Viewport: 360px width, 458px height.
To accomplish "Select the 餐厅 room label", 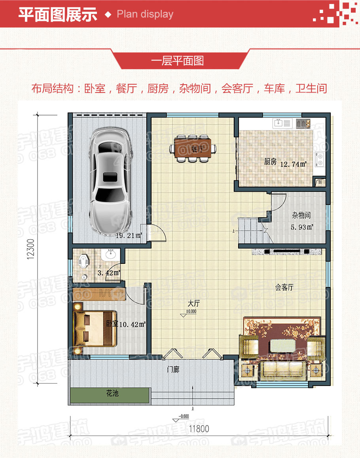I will (x=197, y=149).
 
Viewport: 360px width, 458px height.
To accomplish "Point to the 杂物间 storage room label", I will (x=301, y=216).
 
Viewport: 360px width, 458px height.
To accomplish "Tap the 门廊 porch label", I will (x=173, y=370).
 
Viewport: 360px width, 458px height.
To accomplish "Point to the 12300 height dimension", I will (x=31, y=249).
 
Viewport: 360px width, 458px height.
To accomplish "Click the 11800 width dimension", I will (x=199, y=429).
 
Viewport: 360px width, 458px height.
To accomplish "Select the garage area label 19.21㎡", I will (x=129, y=235).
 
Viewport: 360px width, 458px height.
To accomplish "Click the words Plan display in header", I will (x=145, y=14).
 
